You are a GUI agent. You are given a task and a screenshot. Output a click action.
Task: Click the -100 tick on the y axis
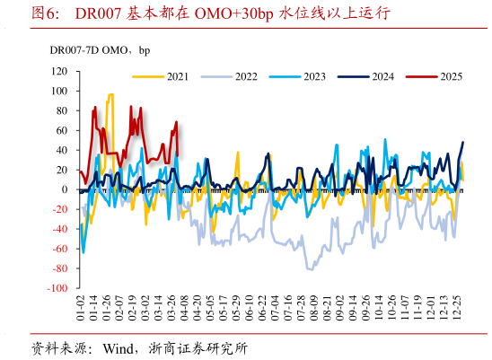[x=58, y=289]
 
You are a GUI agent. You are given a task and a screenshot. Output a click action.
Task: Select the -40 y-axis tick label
[x=61, y=229]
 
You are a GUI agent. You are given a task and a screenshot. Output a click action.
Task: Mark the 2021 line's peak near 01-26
[x=110, y=94]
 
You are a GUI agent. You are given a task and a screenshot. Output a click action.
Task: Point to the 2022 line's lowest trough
[x=310, y=268]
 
